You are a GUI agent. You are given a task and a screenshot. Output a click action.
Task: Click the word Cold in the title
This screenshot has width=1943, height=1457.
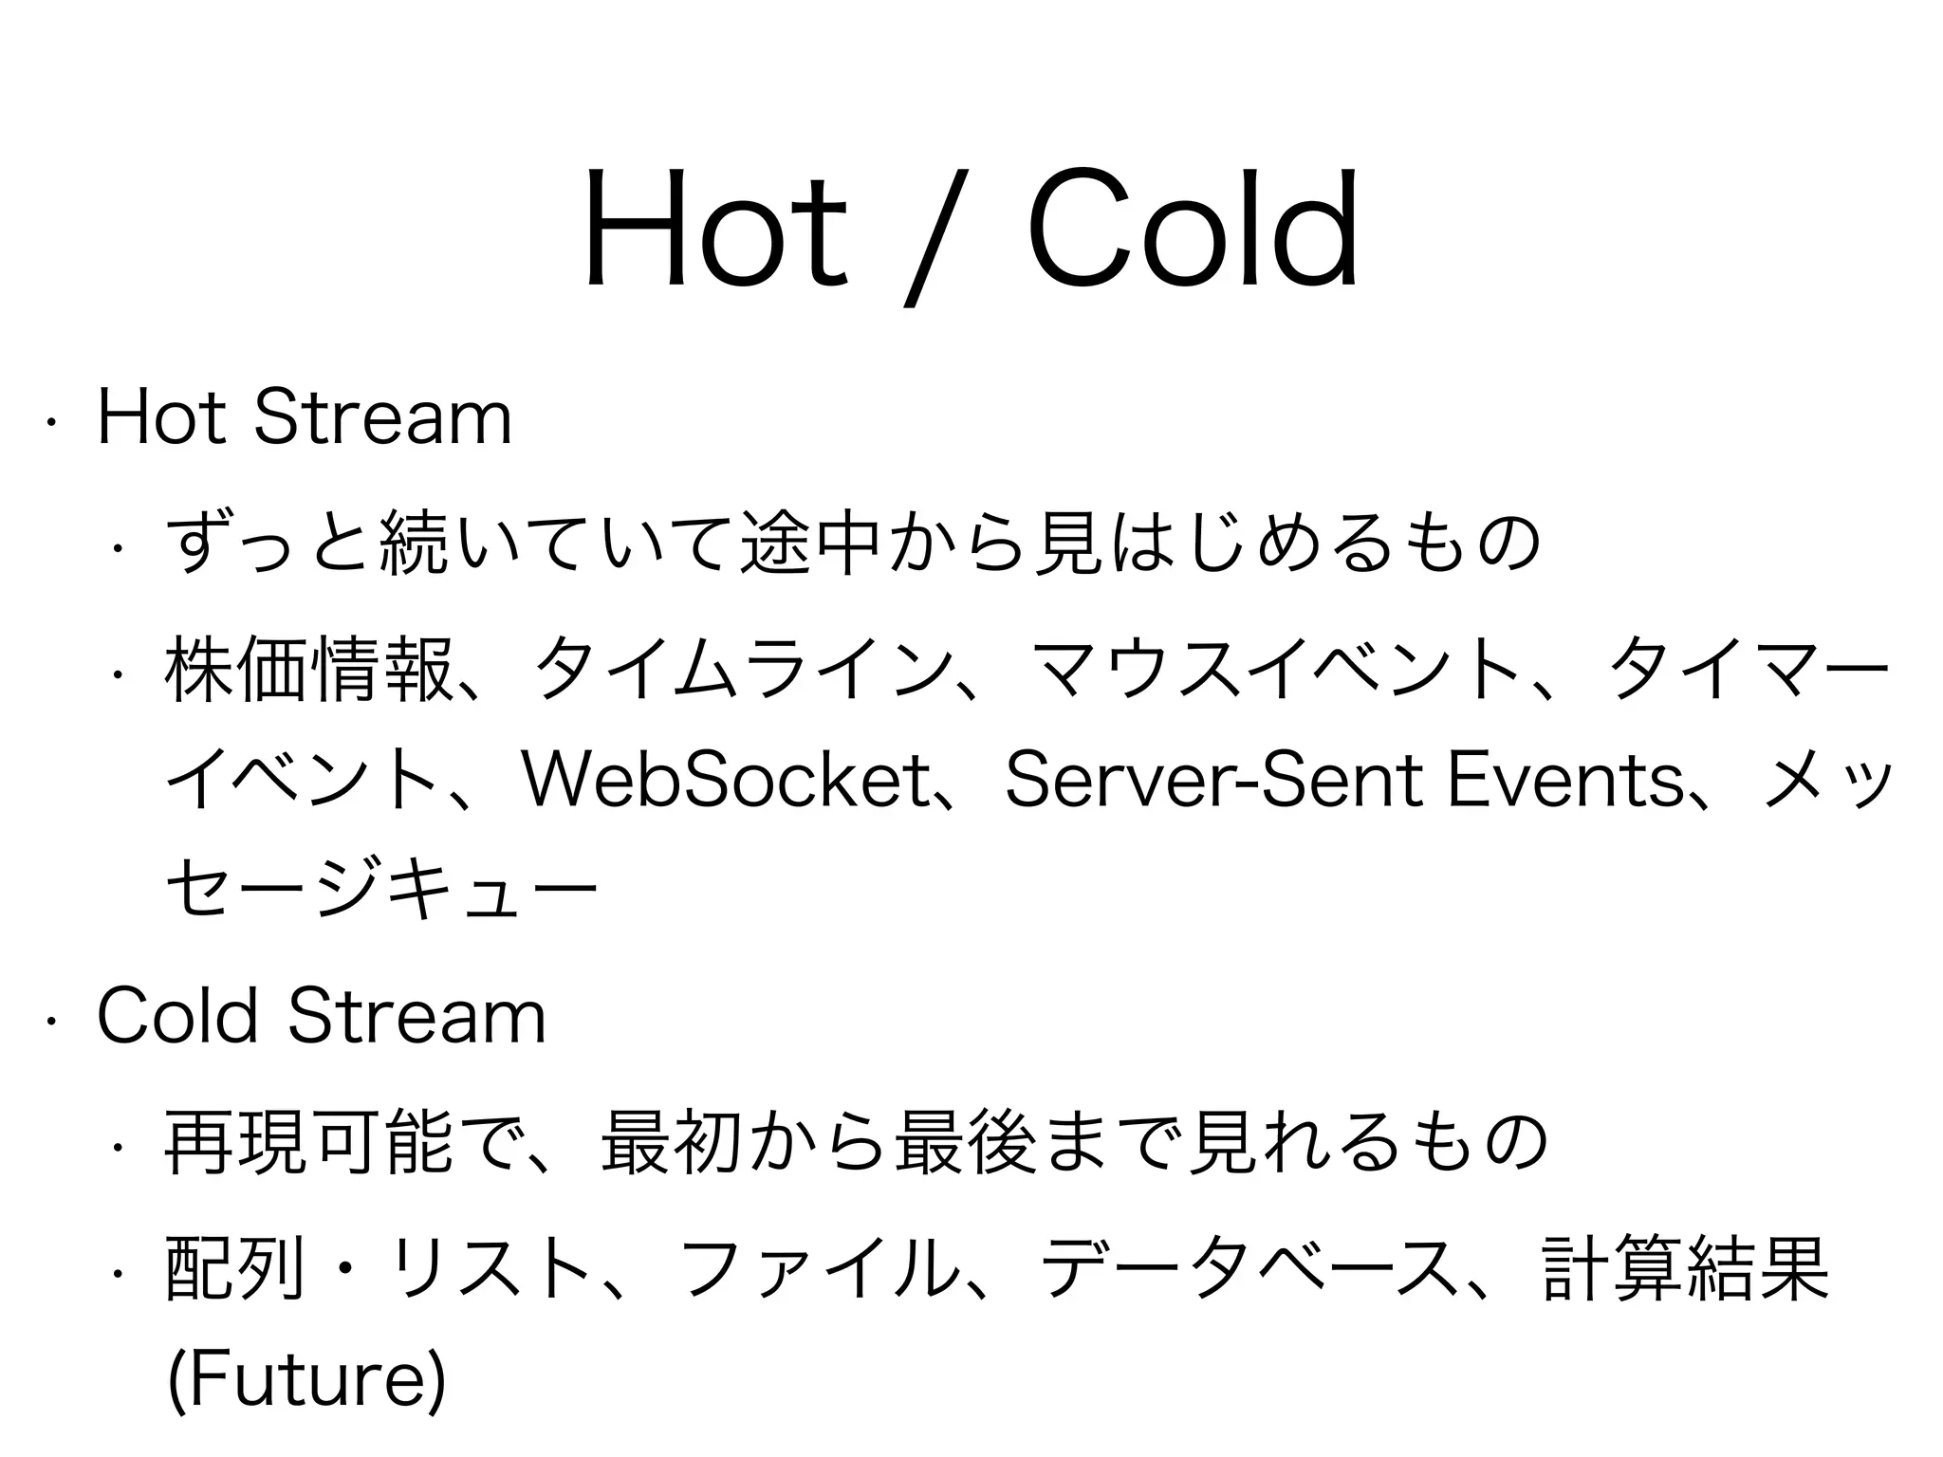tap(1193, 228)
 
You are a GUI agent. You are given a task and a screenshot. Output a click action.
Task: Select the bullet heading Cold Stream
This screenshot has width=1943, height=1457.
tap(322, 1017)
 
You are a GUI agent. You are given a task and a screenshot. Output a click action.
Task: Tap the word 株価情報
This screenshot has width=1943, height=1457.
tap(307, 670)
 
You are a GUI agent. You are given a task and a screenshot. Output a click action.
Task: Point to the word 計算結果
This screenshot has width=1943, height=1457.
tap(1685, 1268)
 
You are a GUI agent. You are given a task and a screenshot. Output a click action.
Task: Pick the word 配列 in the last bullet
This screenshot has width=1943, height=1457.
tap(236, 1268)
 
